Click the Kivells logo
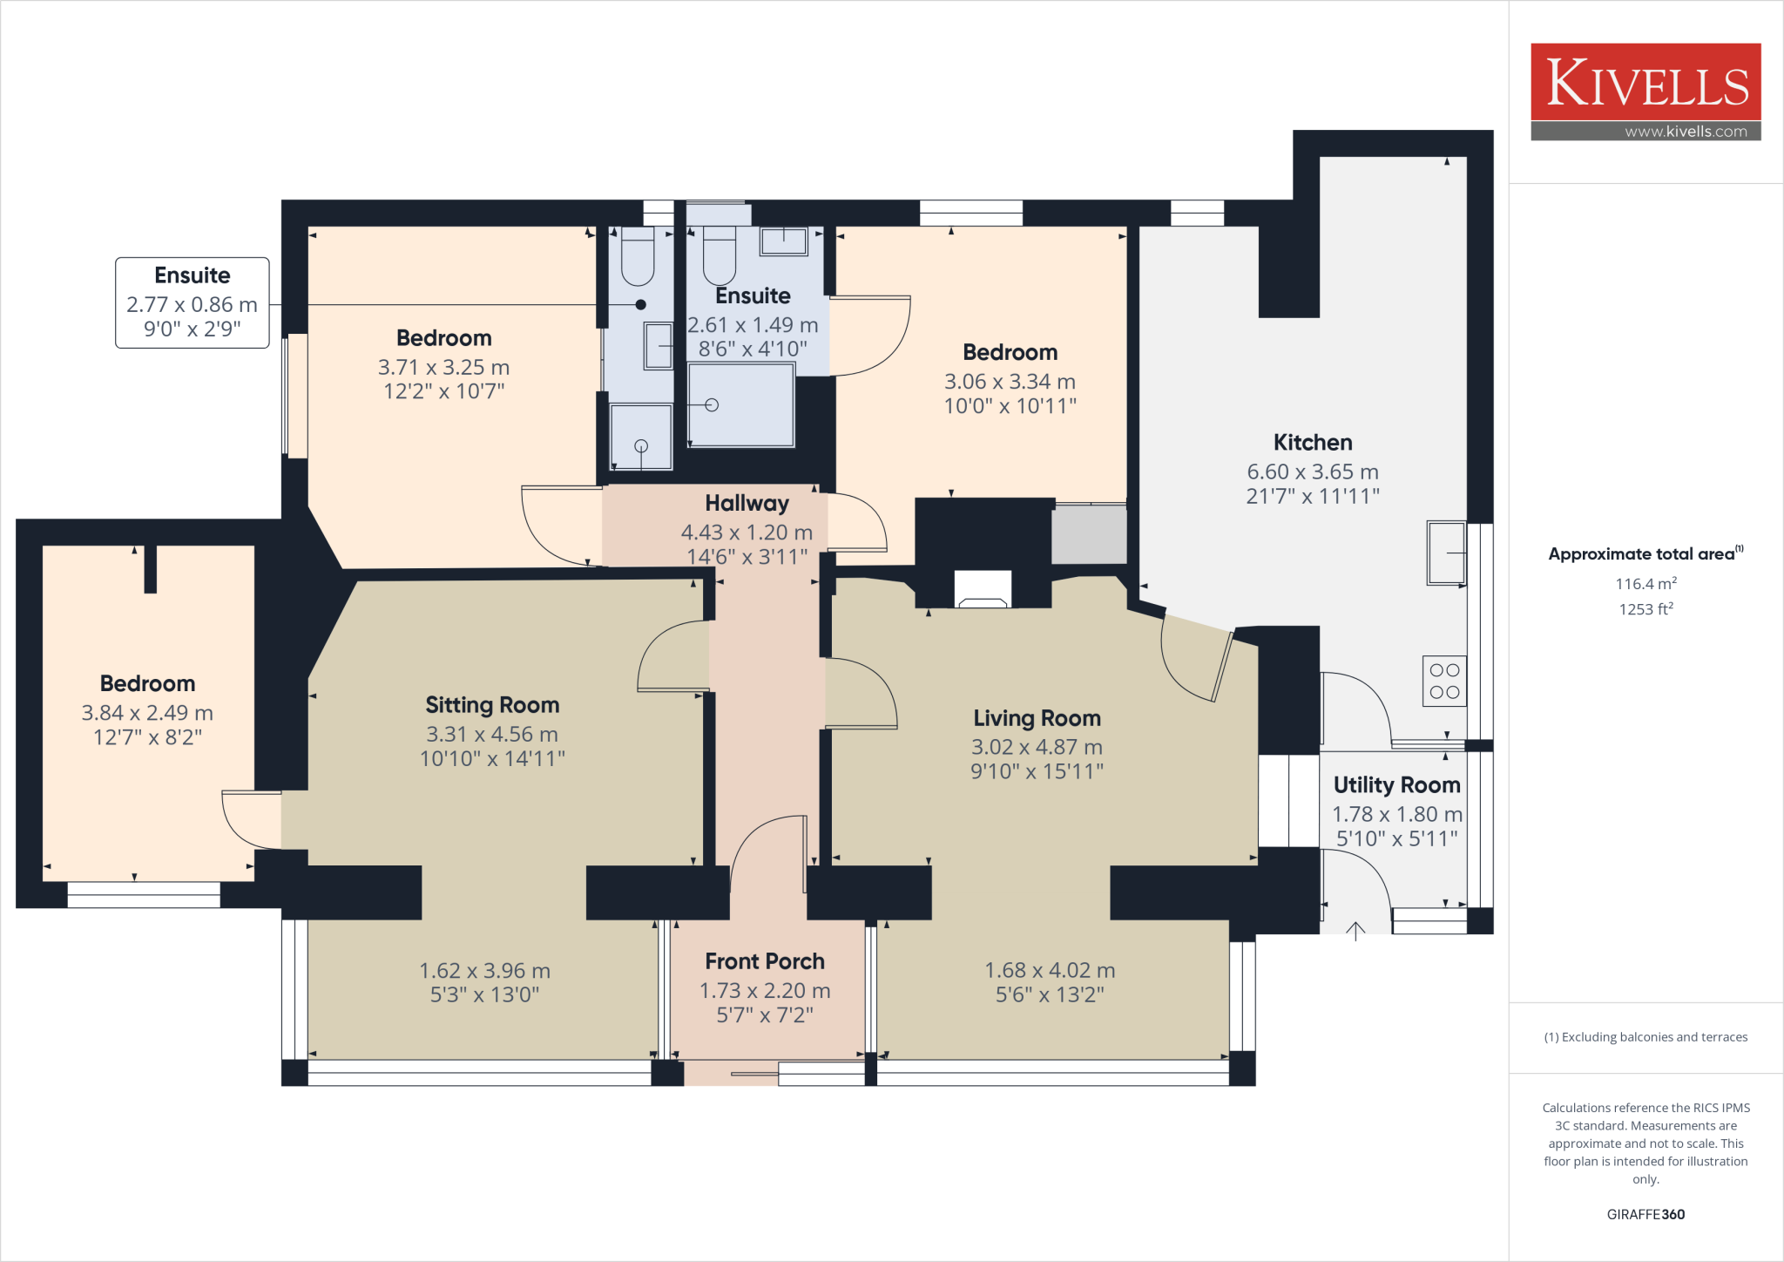tap(1645, 83)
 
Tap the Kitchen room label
tap(1312, 443)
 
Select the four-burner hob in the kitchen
tap(1444, 681)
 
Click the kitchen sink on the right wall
tap(1445, 553)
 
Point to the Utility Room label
tap(1396, 785)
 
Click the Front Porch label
tap(764, 961)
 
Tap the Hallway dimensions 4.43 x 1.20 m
tap(747, 533)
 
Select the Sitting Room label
tap(492, 705)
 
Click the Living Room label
tap(1037, 718)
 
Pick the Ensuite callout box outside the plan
tap(193, 302)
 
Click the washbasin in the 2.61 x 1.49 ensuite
tap(783, 241)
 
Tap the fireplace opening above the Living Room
tap(983, 590)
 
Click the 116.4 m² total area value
tap(1645, 584)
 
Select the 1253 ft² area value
tap(1645, 609)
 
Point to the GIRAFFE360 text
tap(1645, 1214)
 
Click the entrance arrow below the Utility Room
tap(1355, 932)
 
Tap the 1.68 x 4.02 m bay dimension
tap(1050, 970)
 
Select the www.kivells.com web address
tap(1686, 132)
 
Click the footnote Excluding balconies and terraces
tap(1645, 1037)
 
